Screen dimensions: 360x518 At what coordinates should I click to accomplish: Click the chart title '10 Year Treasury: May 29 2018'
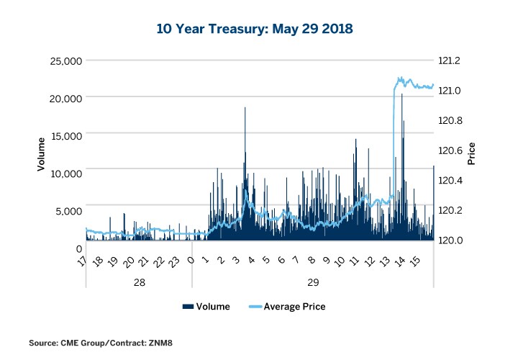tap(255, 30)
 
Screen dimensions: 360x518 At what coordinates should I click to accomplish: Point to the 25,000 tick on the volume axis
tap(62, 60)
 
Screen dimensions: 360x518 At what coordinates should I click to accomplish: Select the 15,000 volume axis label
tap(62, 135)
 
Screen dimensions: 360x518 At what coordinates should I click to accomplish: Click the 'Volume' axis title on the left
tap(42, 153)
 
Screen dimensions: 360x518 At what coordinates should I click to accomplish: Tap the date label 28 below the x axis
tap(140, 282)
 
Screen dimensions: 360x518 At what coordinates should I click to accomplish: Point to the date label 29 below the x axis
tap(312, 282)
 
